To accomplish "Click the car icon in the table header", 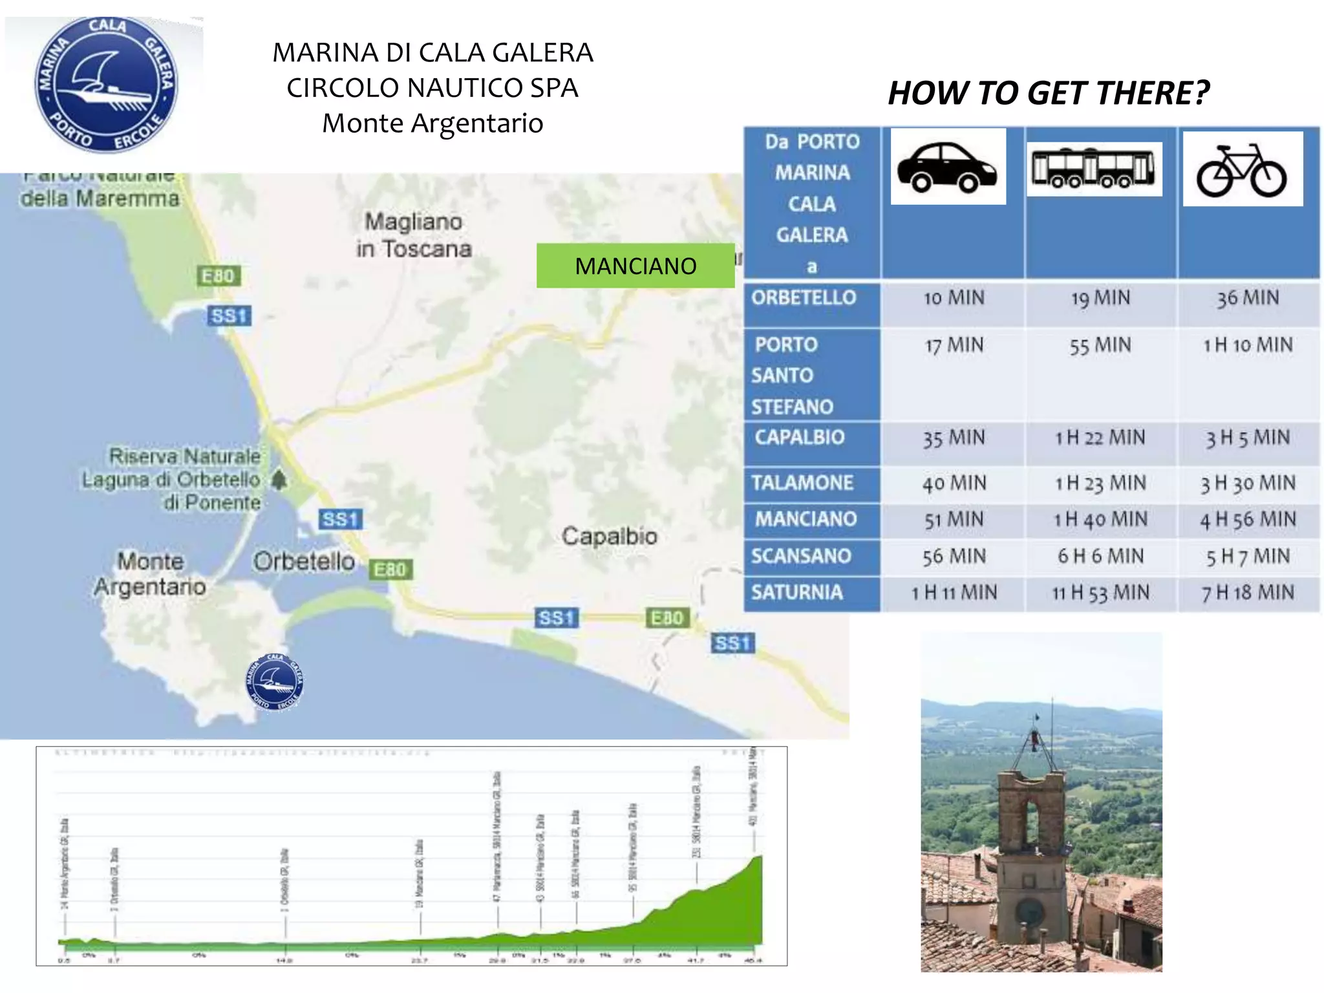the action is (948, 167).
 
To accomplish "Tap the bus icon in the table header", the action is (1094, 168).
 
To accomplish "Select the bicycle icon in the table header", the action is (1242, 170).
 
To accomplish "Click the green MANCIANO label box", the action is (635, 266).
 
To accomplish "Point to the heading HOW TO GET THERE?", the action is (1048, 93).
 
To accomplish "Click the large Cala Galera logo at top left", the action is (106, 85).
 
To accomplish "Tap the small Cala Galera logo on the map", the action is (275, 681).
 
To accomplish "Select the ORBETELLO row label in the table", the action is (804, 298).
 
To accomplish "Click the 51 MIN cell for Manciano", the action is (954, 520).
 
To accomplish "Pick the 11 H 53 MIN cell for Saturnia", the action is (1100, 593).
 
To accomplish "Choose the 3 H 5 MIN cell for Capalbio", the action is (1248, 438).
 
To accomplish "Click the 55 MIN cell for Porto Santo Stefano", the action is (1100, 346).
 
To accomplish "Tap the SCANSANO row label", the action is (801, 556).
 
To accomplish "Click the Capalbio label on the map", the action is (609, 536).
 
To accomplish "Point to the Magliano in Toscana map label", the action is (414, 235).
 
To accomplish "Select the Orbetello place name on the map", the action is (304, 561).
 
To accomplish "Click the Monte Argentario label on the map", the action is (150, 574).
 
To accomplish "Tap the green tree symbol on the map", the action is (279, 480).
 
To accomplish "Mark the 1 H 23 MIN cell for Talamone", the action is (1100, 483).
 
